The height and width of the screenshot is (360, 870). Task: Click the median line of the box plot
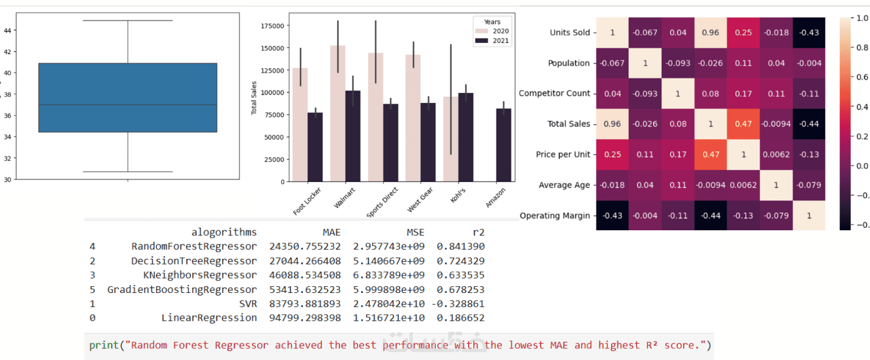tap(127, 105)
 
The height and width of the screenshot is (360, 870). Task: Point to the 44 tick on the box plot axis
tap(7, 30)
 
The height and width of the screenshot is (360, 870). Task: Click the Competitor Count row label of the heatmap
tap(555, 93)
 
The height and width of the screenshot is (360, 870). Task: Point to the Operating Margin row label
tap(555, 215)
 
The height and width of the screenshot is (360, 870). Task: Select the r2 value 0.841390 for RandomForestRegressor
tap(460, 246)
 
